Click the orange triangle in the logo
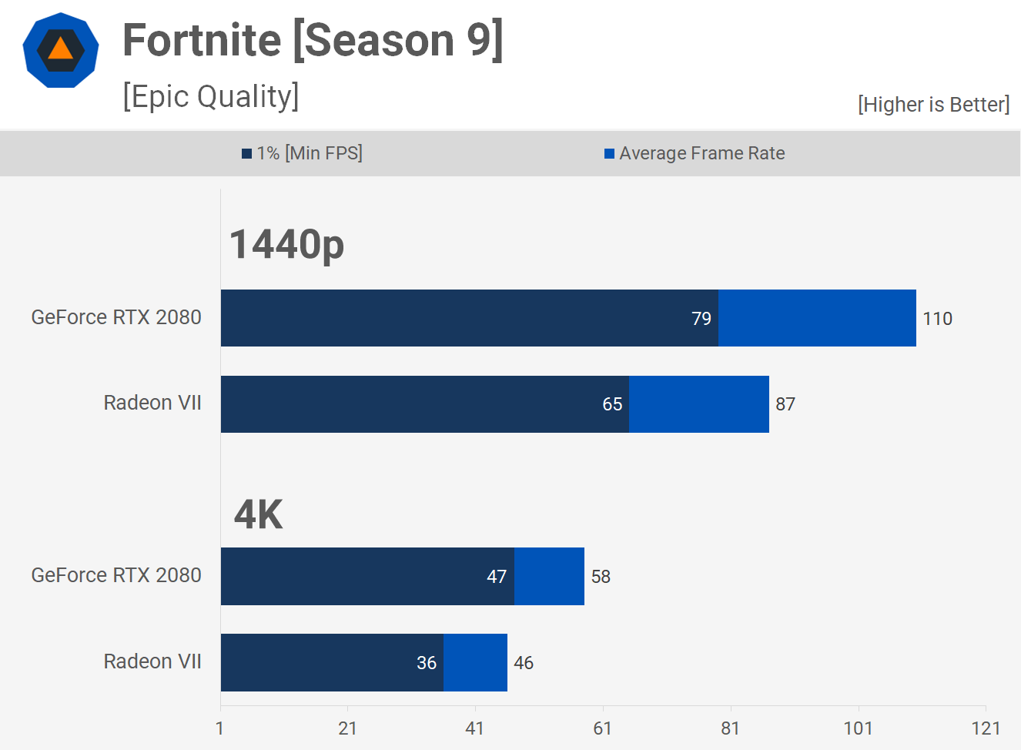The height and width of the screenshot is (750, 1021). click(x=60, y=49)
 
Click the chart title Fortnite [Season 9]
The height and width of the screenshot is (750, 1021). click(x=313, y=40)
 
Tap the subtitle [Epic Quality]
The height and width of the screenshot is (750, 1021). click(x=210, y=97)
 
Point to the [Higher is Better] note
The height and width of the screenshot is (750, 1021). click(x=933, y=105)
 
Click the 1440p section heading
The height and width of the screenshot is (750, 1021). click(x=286, y=245)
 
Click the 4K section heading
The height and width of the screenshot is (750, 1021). click(x=259, y=514)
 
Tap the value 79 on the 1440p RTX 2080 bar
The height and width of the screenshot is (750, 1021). click(x=701, y=319)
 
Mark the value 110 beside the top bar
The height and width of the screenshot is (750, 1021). click(x=937, y=319)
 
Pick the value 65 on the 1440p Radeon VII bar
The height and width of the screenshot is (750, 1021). click(x=612, y=404)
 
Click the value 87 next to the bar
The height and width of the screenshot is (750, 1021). click(x=785, y=404)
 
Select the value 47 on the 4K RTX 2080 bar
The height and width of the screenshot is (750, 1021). click(x=497, y=577)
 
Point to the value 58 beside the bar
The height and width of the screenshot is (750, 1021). click(x=601, y=577)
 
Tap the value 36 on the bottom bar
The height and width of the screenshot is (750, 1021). click(x=427, y=663)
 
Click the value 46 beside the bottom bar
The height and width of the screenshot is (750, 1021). click(x=524, y=663)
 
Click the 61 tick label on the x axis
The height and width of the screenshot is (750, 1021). click(x=602, y=728)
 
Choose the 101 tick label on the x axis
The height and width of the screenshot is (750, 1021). click(x=858, y=728)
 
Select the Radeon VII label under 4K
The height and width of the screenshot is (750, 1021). click(x=152, y=661)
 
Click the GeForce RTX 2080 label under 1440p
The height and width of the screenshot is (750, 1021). click(x=116, y=317)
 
